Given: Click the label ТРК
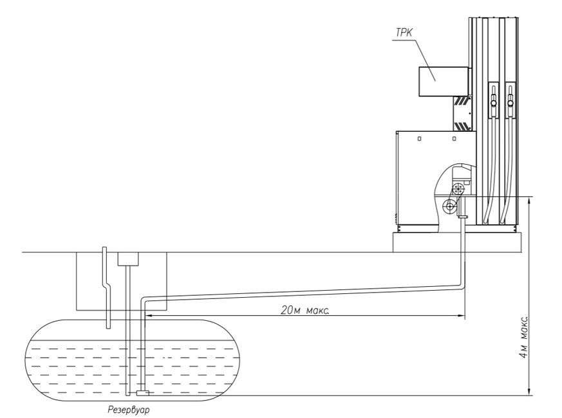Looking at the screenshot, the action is pos(404,33).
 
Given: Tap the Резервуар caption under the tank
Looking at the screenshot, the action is pos(129,410).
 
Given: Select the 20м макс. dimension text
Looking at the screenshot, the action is pos(305,310).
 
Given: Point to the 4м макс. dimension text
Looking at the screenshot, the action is pos(524,336).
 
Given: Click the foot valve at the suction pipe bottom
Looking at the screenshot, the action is pos(143,394).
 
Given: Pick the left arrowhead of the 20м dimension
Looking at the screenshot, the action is pos(149,316).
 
